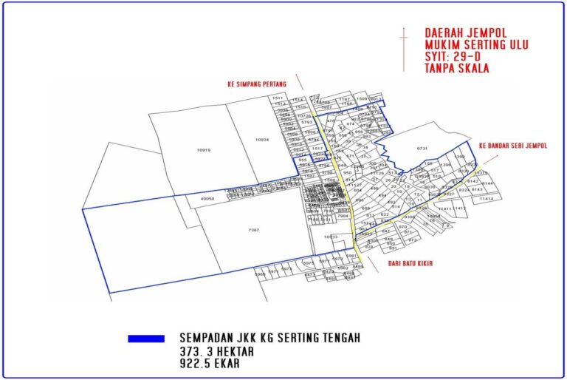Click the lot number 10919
click(204, 150)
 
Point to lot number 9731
click(422, 149)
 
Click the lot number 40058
click(207, 198)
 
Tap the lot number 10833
click(330, 237)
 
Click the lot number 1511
click(278, 98)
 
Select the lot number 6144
click(487, 183)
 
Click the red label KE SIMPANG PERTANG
click(256, 85)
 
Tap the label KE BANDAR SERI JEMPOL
click(512, 146)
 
